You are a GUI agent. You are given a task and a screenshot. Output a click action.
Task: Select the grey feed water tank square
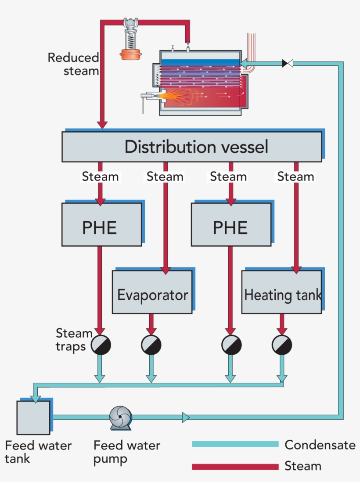pyautogui.click(x=33, y=417)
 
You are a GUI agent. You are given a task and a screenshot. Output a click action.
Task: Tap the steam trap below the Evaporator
pyautogui.click(x=151, y=345)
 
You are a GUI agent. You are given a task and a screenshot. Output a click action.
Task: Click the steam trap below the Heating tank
pyautogui.click(x=282, y=345)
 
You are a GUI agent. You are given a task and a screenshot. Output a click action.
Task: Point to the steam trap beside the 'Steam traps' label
pyautogui.click(x=101, y=345)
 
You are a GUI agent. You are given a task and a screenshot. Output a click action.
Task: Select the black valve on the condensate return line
pyautogui.click(x=288, y=63)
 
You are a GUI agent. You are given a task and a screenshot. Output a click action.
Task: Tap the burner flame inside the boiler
pyautogui.click(x=176, y=96)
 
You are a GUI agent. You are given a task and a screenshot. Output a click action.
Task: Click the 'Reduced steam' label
pyautogui.click(x=73, y=64)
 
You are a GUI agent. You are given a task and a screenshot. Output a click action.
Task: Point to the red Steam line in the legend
pyautogui.click(x=235, y=466)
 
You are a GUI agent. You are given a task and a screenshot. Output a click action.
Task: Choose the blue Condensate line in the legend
pyautogui.click(x=235, y=444)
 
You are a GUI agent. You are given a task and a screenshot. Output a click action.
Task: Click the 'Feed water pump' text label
pyautogui.click(x=126, y=452)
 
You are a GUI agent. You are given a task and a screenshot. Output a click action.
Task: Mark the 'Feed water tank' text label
pyautogui.click(x=38, y=452)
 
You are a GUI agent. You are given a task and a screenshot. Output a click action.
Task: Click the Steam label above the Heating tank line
pyautogui.click(x=295, y=176)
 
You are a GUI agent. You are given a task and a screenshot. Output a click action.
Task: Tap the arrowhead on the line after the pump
pyautogui.click(x=186, y=417)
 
